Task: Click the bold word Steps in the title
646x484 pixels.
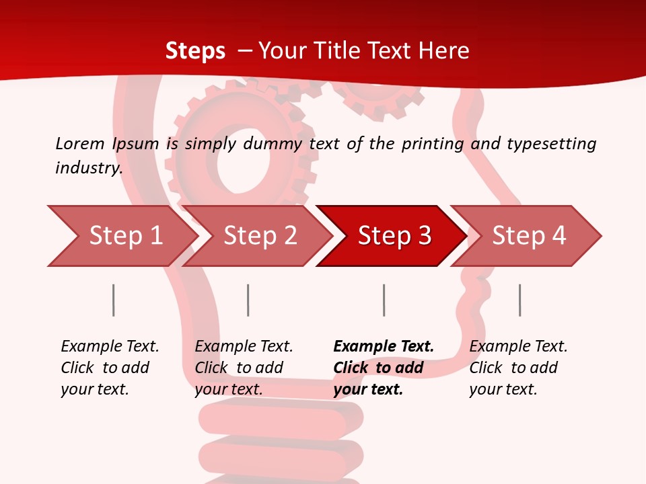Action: (x=195, y=51)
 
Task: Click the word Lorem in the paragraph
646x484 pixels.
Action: (x=80, y=143)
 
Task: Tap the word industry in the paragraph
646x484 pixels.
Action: (x=88, y=167)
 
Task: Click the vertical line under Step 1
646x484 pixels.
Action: (x=114, y=300)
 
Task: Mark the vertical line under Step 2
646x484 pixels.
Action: (x=248, y=300)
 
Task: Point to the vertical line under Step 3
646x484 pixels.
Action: (x=384, y=300)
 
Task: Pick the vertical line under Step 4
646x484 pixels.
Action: (x=520, y=300)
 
